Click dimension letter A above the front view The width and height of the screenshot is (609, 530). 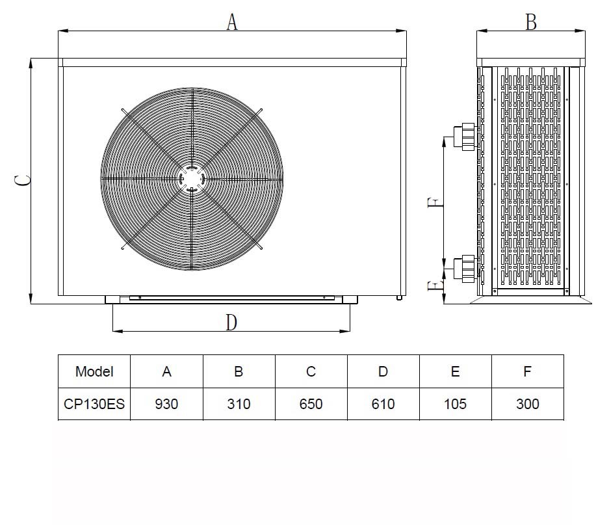(x=232, y=21)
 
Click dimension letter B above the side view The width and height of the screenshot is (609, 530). (x=531, y=21)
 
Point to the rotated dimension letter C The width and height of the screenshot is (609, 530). (x=23, y=181)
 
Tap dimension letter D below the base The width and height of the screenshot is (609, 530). (x=231, y=323)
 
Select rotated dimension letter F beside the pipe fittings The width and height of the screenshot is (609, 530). (x=435, y=202)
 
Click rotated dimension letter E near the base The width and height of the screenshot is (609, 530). (x=435, y=286)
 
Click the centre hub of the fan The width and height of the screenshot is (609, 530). (x=192, y=179)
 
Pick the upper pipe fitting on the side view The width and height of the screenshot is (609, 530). (x=465, y=136)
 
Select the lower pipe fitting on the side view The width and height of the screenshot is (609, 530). (x=465, y=268)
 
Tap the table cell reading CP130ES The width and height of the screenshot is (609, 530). (x=94, y=404)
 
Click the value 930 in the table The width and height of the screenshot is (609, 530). (x=166, y=404)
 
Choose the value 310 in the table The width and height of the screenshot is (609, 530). (x=239, y=404)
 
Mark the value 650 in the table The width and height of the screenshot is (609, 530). (x=311, y=404)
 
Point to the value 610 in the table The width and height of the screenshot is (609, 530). (x=383, y=404)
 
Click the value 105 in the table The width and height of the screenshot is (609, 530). (x=455, y=404)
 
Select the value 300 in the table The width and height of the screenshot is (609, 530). (x=528, y=404)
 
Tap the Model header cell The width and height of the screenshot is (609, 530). (x=94, y=371)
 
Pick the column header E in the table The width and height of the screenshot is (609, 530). (x=455, y=371)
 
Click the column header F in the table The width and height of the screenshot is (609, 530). (x=527, y=371)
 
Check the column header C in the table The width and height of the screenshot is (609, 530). (x=311, y=371)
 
